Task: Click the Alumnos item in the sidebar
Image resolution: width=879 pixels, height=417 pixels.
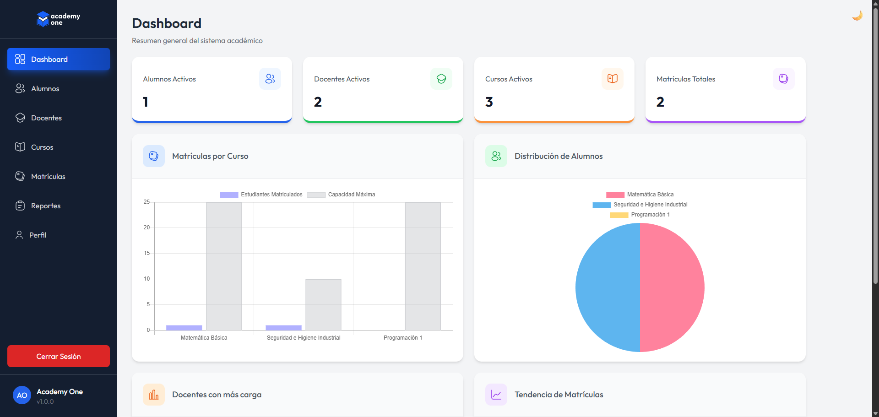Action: pyautogui.click(x=45, y=89)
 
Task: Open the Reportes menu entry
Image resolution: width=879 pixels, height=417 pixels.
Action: pyautogui.click(x=45, y=206)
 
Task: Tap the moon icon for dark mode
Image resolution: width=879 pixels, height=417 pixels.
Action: pyautogui.click(x=857, y=16)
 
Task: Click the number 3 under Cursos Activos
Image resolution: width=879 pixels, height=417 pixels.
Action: pyautogui.click(x=489, y=102)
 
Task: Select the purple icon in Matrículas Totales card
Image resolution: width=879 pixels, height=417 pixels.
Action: pyautogui.click(x=783, y=79)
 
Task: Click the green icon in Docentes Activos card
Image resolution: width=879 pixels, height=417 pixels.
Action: pyautogui.click(x=441, y=79)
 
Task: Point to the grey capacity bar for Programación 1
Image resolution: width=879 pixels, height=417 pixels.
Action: pyautogui.click(x=423, y=265)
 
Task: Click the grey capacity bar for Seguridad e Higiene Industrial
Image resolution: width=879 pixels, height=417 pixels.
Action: pyautogui.click(x=323, y=304)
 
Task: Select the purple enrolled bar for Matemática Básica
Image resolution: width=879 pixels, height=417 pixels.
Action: pyautogui.click(x=184, y=328)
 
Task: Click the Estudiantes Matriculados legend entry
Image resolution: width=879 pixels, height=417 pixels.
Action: pyautogui.click(x=261, y=195)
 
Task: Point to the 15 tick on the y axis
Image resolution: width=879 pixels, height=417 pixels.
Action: pyautogui.click(x=147, y=253)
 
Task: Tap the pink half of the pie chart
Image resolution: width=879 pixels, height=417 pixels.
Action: pyautogui.click(x=672, y=287)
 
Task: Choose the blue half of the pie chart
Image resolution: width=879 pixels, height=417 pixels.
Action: pyautogui.click(x=608, y=287)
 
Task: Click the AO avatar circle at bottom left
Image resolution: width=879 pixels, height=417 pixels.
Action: pyautogui.click(x=22, y=395)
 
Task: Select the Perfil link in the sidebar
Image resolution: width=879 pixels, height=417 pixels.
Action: pyautogui.click(x=38, y=235)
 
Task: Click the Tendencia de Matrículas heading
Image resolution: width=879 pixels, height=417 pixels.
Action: pyautogui.click(x=559, y=395)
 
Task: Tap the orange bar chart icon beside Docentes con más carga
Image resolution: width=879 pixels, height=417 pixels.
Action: pyautogui.click(x=154, y=395)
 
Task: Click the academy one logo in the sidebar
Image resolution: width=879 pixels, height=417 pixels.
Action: pyautogui.click(x=58, y=19)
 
